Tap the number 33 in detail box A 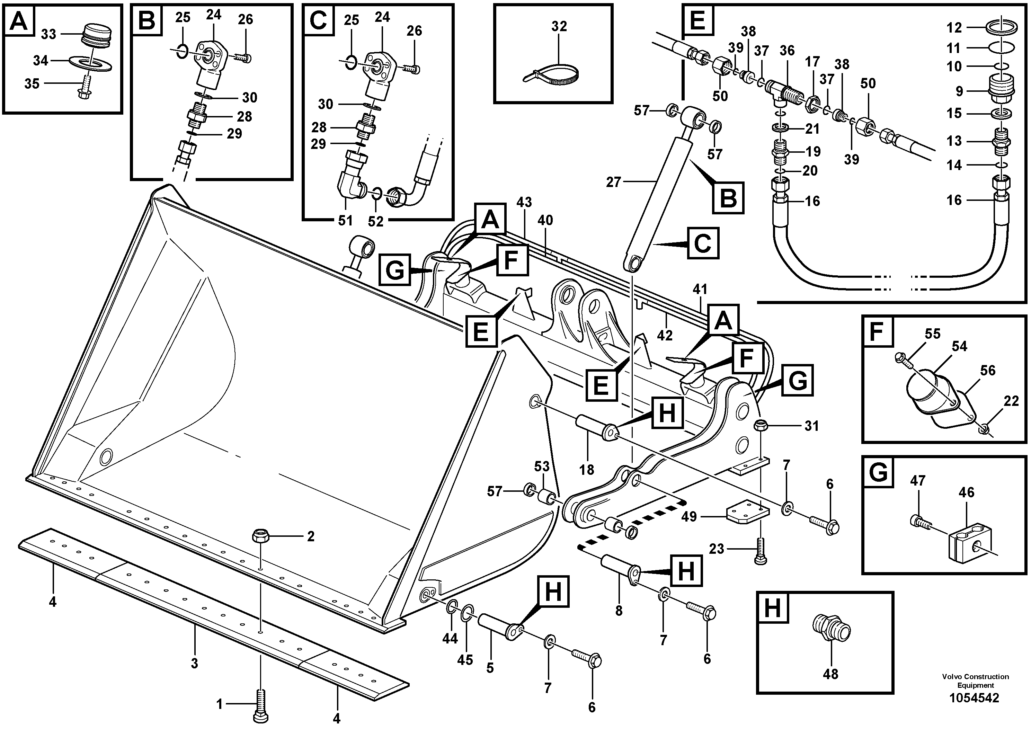coord(48,34)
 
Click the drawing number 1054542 coord(974,698)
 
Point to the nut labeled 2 coord(260,535)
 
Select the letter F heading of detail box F coord(877,331)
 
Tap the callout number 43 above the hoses coord(524,203)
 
